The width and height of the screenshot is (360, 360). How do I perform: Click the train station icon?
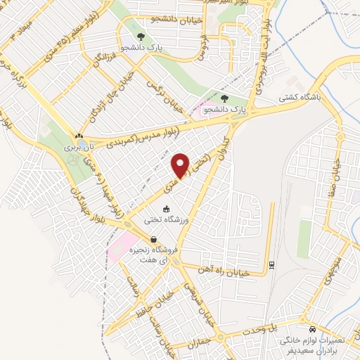(x=272, y=264)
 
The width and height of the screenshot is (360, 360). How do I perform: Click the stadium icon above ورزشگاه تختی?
(x=167, y=208)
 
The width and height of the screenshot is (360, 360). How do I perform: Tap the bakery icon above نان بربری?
(x=79, y=137)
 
